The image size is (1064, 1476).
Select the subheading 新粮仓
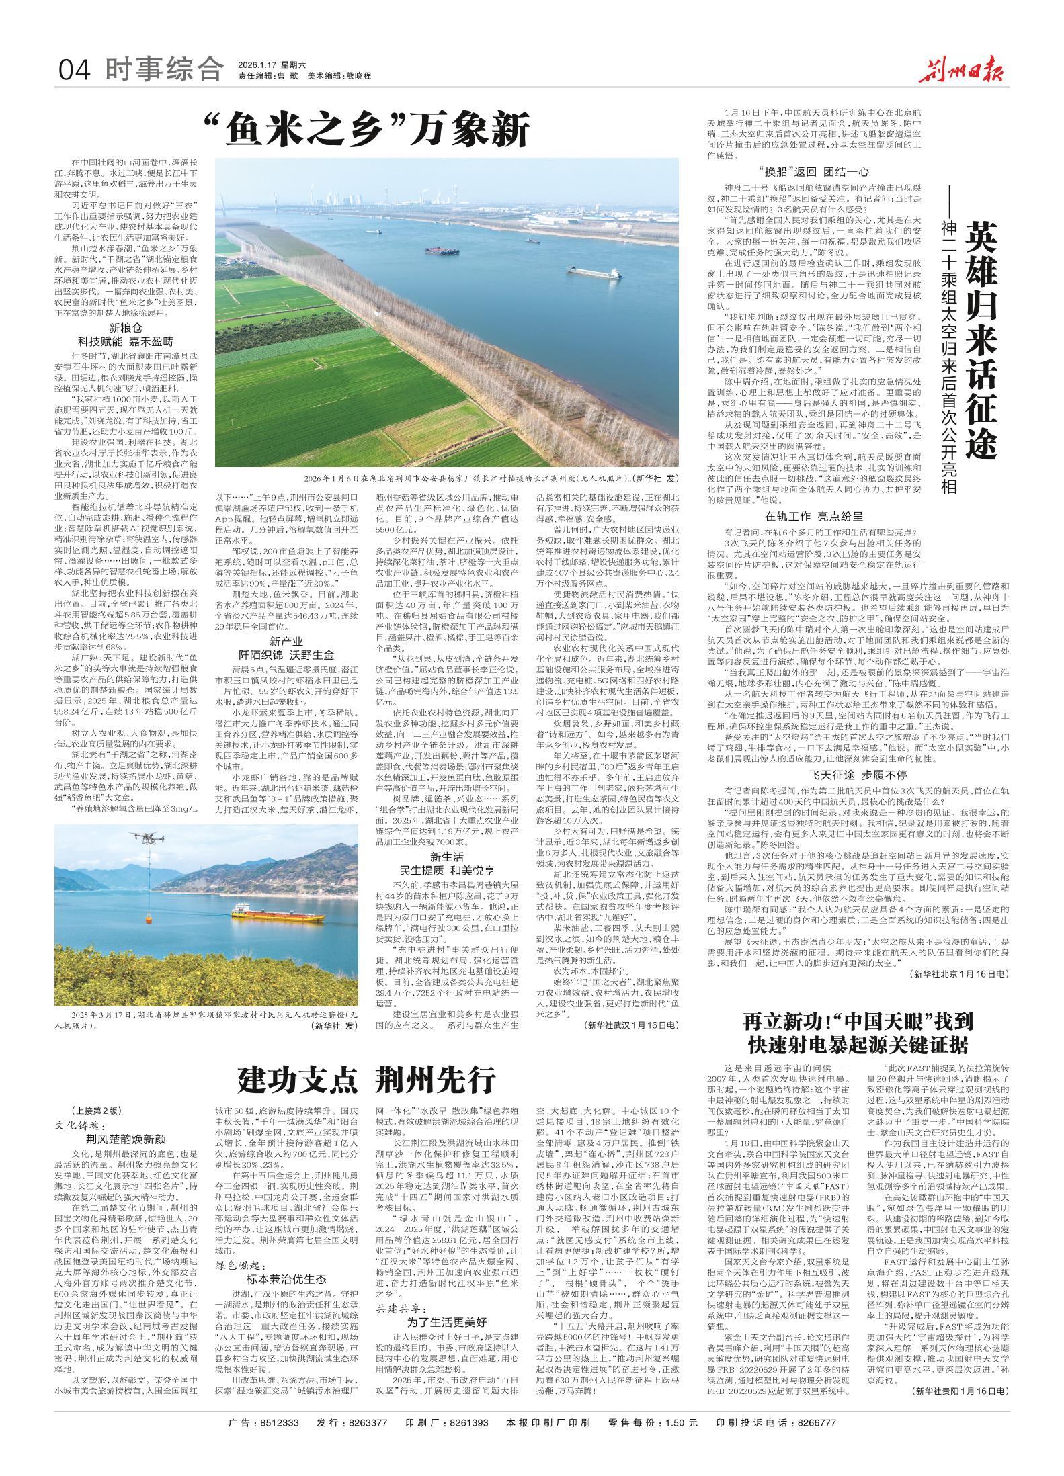coord(126,327)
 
